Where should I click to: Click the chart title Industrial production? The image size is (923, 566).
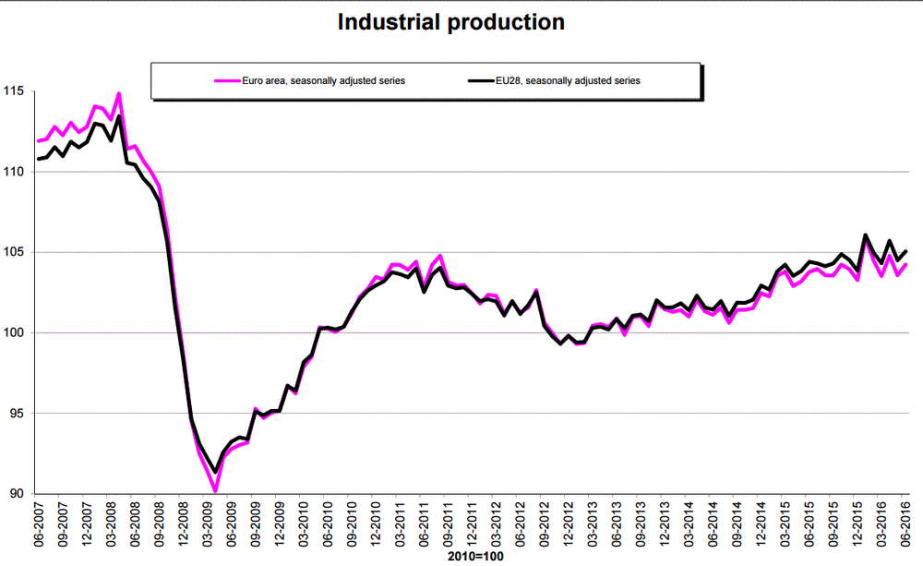[x=450, y=22]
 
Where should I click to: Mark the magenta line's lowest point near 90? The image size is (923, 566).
[x=214, y=490]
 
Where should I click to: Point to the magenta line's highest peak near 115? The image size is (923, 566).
[x=119, y=93]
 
